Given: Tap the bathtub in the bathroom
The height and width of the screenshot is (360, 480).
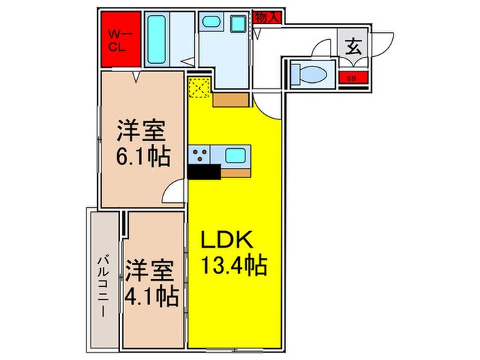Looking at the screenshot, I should click(x=159, y=40).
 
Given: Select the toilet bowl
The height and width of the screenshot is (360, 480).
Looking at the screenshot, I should click(x=306, y=73).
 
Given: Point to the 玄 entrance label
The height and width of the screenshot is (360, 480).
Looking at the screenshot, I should click(x=352, y=47).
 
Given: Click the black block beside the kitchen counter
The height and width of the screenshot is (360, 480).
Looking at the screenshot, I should click(x=204, y=171).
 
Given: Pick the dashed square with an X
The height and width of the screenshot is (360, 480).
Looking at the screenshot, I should click(x=200, y=88).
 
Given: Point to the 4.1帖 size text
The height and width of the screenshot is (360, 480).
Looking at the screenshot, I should click(x=152, y=296).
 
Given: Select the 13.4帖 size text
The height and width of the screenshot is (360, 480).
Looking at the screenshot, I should click(x=234, y=263).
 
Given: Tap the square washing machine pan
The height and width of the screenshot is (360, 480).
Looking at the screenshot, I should click(x=237, y=24).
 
